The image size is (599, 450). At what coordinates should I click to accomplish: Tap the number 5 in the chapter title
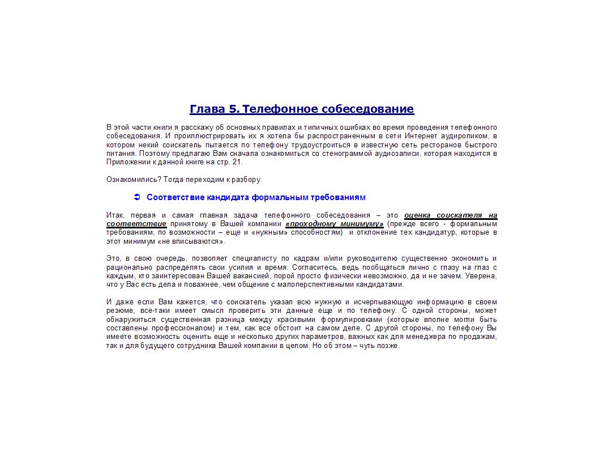(x=234, y=109)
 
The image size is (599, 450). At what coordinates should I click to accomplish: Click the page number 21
(x=237, y=162)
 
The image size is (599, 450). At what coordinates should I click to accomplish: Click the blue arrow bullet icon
(x=136, y=197)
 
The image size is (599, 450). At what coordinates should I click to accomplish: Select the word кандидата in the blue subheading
(x=230, y=197)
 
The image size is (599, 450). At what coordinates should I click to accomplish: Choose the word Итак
(x=115, y=215)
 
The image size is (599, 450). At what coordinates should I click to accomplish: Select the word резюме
(x=120, y=311)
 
